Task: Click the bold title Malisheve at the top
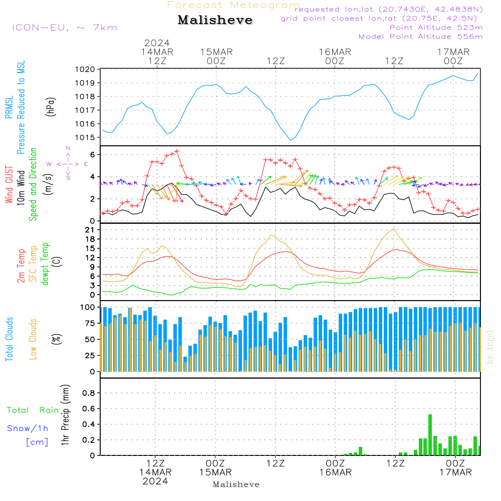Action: click(x=215, y=21)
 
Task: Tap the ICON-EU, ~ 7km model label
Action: click(x=64, y=27)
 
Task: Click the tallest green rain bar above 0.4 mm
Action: click(x=430, y=434)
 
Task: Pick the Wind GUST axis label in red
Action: click(x=10, y=186)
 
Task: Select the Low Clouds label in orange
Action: click(x=33, y=339)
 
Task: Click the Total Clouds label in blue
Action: click(x=10, y=339)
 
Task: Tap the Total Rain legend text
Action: click(x=33, y=410)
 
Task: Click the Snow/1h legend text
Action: click(x=28, y=428)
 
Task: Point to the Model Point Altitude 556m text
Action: click(x=420, y=37)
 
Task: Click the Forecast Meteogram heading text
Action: click(x=233, y=5)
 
